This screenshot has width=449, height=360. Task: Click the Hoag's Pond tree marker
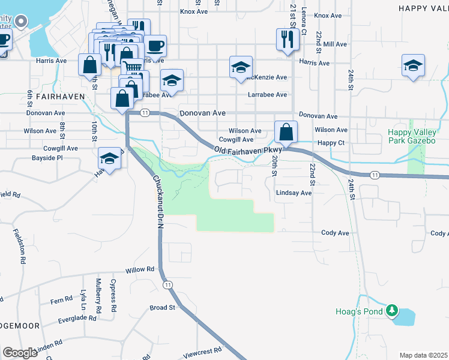(x=392, y=310)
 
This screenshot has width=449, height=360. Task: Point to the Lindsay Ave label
(x=294, y=193)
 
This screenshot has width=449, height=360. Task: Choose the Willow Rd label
(x=139, y=271)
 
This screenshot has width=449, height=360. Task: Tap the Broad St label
(x=162, y=308)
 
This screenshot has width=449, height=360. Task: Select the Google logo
(x=20, y=353)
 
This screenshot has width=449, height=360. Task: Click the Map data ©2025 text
(x=423, y=355)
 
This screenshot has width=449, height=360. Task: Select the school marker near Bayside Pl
(x=109, y=158)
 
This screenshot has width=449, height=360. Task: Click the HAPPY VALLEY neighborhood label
(x=423, y=8)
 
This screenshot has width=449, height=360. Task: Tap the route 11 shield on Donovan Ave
(x=145, y=113)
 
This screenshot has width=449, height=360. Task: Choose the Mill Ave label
(x=335, y=44)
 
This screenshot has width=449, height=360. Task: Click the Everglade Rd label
(x=77, y=319)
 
